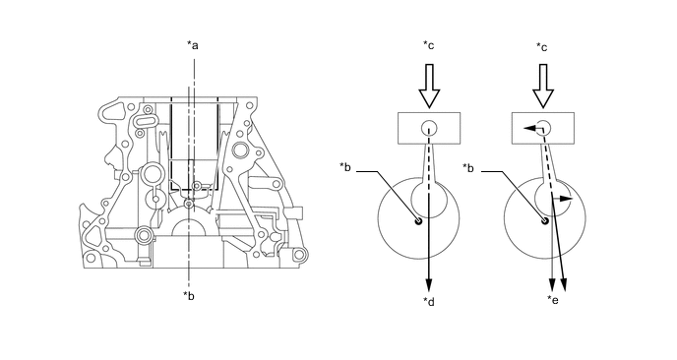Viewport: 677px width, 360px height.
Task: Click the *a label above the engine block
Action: point(193,44)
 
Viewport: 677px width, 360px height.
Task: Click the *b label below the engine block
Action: point(189,296)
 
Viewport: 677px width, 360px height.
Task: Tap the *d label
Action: point(429,302)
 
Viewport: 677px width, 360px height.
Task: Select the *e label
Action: point(553,300)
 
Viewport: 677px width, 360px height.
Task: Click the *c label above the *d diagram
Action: point(429,45)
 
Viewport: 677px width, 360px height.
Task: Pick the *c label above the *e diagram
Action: point(541,46)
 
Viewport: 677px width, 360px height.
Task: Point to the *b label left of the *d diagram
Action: point(345,166)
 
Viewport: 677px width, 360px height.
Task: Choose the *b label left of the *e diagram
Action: point(468,167)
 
